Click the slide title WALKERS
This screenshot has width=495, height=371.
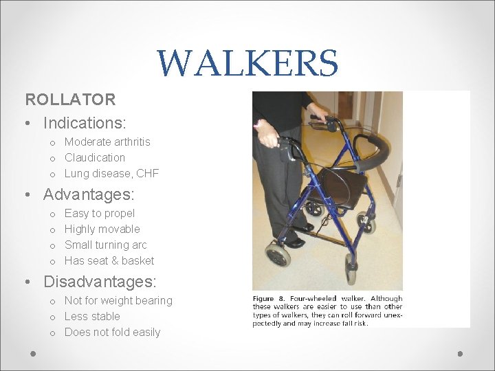247,63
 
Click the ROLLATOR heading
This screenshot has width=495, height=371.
70,100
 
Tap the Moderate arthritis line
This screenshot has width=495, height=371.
107,142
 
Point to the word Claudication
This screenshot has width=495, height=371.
95,157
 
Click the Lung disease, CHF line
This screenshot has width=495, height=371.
111,173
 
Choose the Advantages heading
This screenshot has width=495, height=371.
89,195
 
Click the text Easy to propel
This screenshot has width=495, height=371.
100,213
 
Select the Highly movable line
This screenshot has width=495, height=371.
102,229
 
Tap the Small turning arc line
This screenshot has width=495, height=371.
106,245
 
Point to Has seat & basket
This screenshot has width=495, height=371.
109,260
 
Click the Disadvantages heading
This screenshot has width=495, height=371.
100,282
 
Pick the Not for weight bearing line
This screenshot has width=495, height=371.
118,300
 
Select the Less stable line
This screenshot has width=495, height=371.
92,316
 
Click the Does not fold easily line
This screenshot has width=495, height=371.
112,332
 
